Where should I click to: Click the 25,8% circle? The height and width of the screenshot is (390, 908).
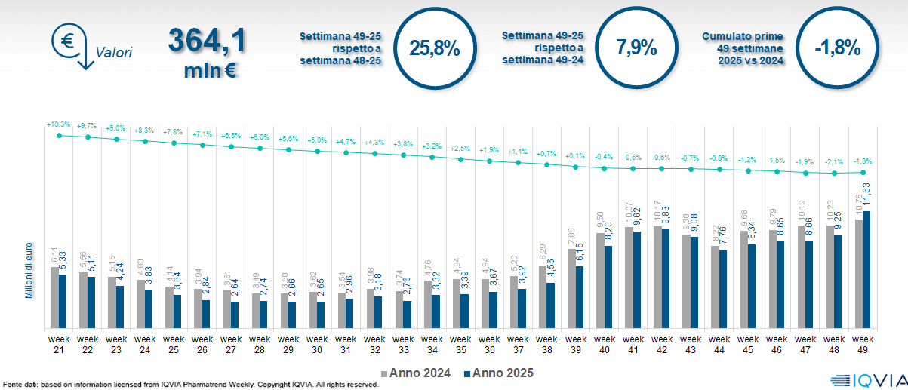[434, 49]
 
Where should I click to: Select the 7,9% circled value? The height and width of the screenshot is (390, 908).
[636, 49]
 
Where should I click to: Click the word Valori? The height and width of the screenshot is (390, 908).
[114, 53]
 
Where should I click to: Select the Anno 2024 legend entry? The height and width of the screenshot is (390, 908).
[417, 373]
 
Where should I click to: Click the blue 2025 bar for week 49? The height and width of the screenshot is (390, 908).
[866, 269]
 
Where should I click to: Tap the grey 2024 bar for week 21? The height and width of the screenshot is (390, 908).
[54, 297]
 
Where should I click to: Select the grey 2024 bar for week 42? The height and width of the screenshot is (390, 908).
[657, 277]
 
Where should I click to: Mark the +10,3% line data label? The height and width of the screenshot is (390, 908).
[58, 124]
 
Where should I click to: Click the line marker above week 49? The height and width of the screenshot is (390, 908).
[863, 173]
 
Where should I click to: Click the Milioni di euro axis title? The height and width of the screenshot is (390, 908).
[29, 269]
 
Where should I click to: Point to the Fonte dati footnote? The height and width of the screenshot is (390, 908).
[189, 385]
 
